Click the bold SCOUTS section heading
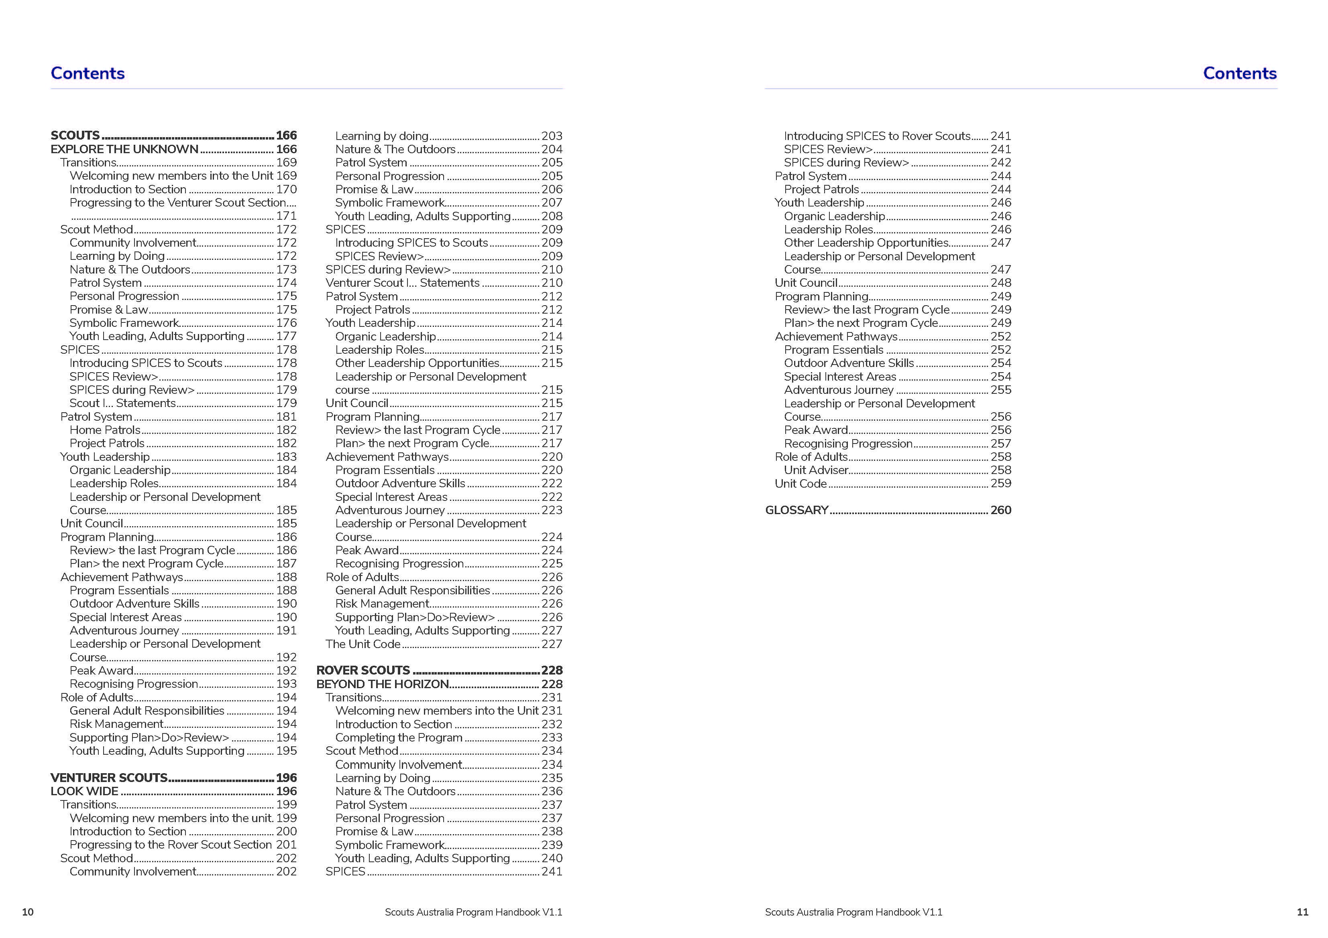click(x=75, y=135)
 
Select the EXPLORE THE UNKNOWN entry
click(x=124, y=149)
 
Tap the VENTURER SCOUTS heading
click(x=109, y=778)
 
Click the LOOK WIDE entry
click(x=84, y=791)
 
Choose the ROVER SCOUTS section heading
click(x=363, y=671)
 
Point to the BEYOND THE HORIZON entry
click(x=382, y=684)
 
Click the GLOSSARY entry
click(x=796, y=511)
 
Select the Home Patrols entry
click(x=105, y=430)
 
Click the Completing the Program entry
click(x=399, y=737)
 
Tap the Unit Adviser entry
click(x=815, y=470)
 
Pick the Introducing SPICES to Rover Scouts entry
click(x=877, y=136)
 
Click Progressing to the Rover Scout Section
click(x=171, y=845)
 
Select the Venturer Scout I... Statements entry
click(x=402, y=283)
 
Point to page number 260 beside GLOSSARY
click(x=1001, y=511)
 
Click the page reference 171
click(x=286, y=216)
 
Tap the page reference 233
click(x=552, y=737)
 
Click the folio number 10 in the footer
click(x=28, y=912)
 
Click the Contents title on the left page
click(x=88, y=73)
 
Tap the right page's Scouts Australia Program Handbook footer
click(x=853, y=912)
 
